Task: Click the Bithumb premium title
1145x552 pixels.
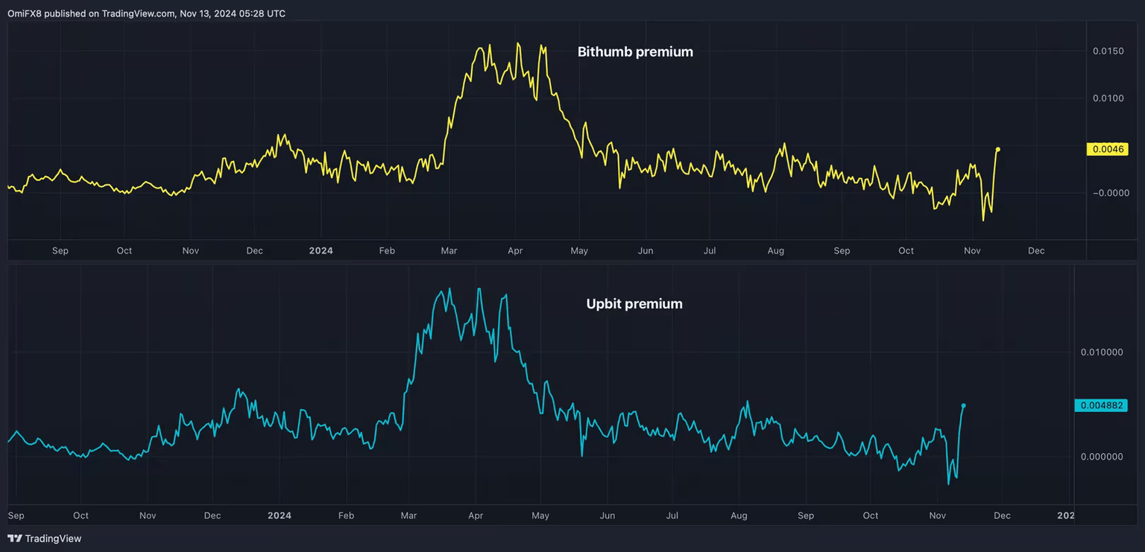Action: (635, 52)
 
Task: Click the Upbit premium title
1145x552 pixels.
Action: (634, 304)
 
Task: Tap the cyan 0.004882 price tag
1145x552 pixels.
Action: (1100, 405)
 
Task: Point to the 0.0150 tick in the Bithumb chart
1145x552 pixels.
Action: (1108, 51)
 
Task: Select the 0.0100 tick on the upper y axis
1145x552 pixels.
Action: (1108, 98)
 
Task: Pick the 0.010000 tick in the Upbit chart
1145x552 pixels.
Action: (1102, 352)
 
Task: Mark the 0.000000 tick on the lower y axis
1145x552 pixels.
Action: (1102, 457)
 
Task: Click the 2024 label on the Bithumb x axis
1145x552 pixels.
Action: (321, 251)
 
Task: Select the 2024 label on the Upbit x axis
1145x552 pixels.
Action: (280, 515)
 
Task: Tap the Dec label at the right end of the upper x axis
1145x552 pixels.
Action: (1036, 251)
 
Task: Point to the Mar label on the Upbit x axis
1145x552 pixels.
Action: (409, 515)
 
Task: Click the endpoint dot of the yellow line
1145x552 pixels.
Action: (997, 150)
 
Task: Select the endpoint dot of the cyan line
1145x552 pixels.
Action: (963, 406)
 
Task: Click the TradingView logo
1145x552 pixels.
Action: (45, 539)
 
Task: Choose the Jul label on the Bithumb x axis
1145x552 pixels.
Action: (709, 251)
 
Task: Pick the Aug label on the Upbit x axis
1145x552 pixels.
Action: (739, 515)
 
